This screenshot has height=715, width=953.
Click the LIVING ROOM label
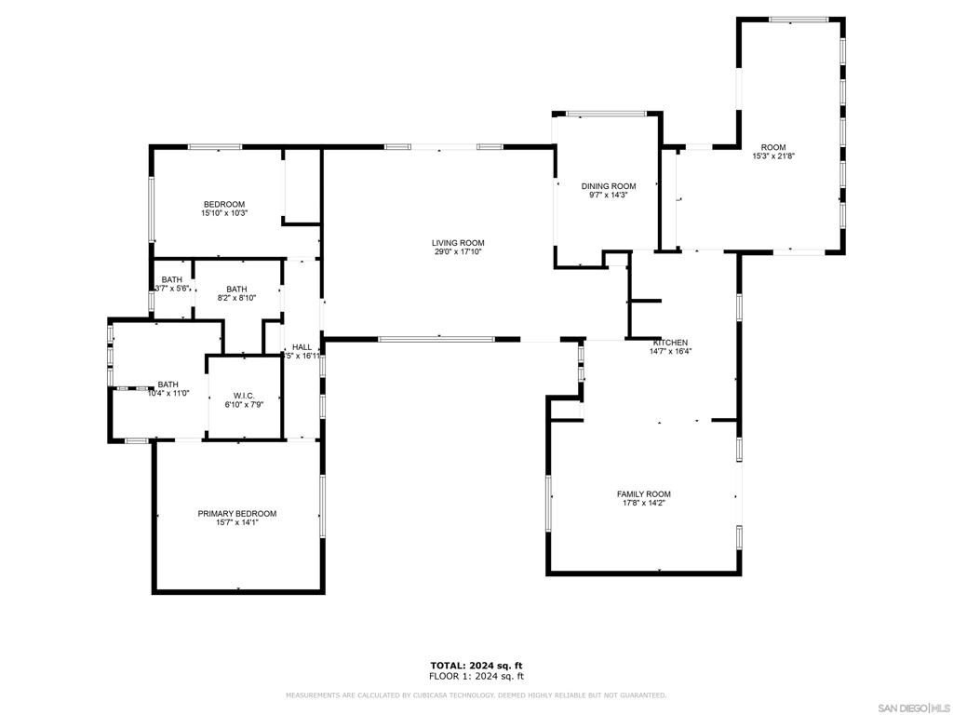[x=458, y=243]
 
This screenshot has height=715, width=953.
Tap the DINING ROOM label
[x=609, y=186]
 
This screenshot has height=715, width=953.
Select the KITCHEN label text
[x=670, y=343]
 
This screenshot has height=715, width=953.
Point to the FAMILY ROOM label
[x=643, y=494]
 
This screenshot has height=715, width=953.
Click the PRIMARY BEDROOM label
[x=236, y=514]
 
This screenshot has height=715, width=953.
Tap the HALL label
[x=302, y=347]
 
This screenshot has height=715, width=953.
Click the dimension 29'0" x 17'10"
[x=458, y=251]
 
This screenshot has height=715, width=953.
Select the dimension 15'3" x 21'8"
[x=772, y=156]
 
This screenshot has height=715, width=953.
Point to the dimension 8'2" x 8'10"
[x=236, y=298]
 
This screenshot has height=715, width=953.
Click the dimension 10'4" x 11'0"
[x=168, y=393]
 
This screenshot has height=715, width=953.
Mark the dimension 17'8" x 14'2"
[x=643, y=503]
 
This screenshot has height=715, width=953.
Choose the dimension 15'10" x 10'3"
[x=224, y=213]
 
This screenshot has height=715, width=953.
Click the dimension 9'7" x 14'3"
[x=609, y=196]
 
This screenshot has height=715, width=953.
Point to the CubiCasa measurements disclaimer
[x=476, y=695]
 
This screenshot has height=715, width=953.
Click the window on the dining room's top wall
[x=606, y=115]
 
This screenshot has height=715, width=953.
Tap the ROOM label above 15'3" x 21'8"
[x=772, y=147]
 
